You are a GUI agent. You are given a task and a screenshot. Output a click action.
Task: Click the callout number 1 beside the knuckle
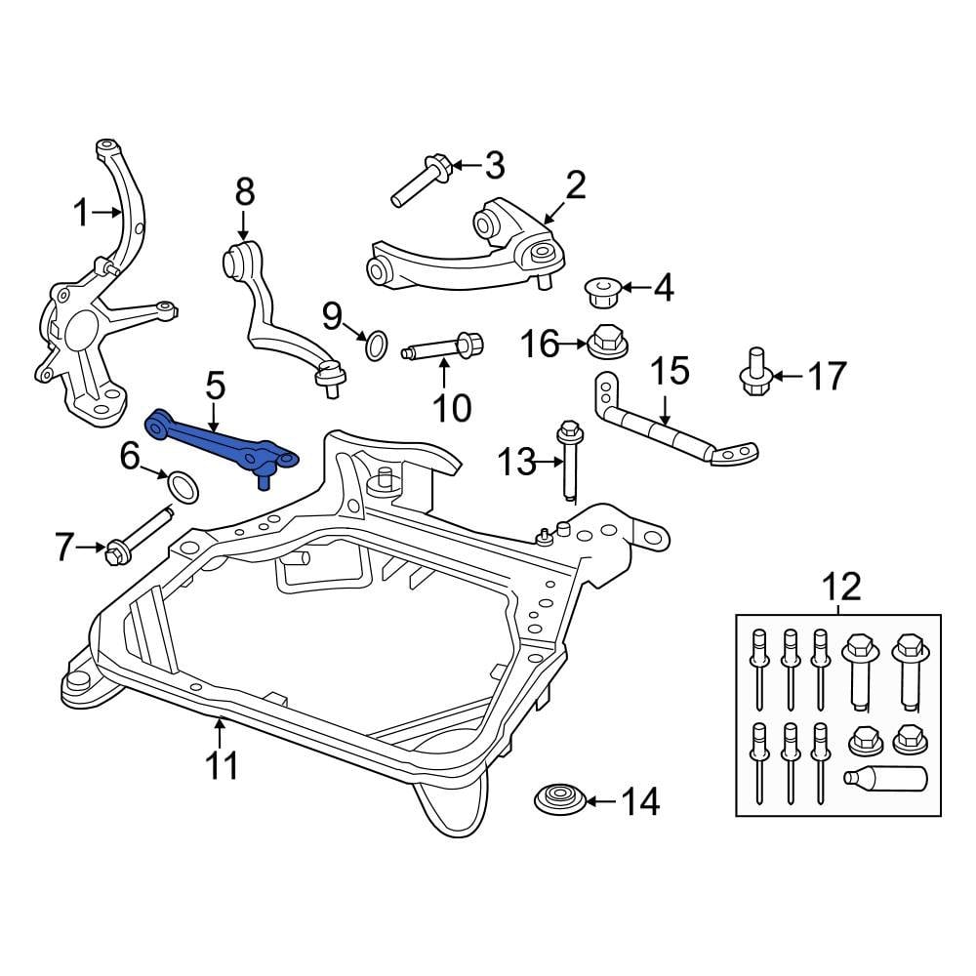82,212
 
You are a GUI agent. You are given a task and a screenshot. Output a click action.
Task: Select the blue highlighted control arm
220,438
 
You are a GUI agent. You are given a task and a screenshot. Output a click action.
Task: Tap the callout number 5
215,386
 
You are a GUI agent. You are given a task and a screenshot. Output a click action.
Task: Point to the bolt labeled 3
420,183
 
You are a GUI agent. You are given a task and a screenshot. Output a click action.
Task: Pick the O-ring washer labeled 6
181,485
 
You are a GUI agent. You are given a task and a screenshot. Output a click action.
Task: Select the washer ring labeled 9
376,343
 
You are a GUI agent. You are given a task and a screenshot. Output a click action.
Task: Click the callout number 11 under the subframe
223,765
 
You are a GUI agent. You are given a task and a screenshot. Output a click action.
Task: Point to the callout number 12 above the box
841,588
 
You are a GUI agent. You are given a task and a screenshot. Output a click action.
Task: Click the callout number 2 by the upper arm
576,185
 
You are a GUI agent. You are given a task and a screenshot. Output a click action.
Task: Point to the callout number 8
244,192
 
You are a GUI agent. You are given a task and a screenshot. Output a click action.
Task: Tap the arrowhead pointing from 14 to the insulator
593,801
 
